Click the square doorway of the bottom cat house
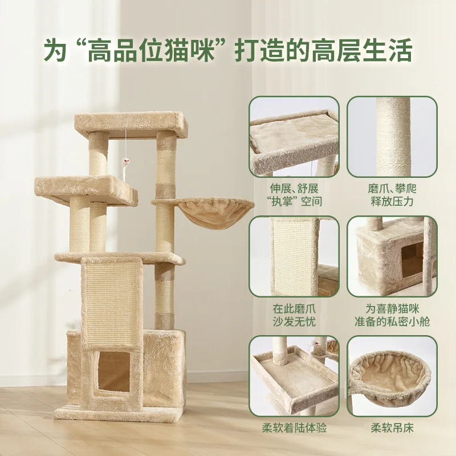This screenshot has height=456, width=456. tap(113, 372)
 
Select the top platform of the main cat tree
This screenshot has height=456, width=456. tap(131, 125)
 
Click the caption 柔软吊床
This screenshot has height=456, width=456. tap(392, 428)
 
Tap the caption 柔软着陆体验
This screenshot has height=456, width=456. tap(294, 428)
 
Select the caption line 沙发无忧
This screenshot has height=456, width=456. tap(294, 322)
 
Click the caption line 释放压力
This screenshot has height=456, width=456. tap(392, 201)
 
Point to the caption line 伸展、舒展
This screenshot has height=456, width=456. tap(294, 189)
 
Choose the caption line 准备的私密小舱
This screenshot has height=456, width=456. tap(392, 322)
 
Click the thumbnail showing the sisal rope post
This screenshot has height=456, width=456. tap(392, 137)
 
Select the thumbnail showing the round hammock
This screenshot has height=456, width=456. tap(392, 376)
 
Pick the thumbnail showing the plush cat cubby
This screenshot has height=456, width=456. tap(392, 256)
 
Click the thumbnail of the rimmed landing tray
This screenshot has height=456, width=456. tap(294, 376)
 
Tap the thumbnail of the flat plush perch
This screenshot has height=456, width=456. tap(294, 137)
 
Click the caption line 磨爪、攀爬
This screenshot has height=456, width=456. tap(392, 189)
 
